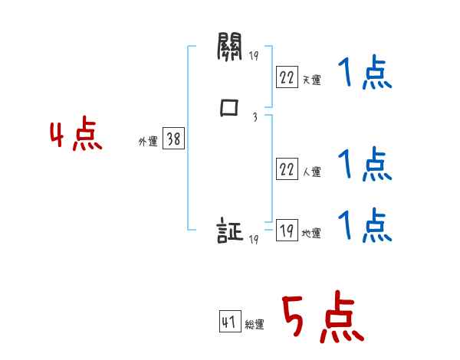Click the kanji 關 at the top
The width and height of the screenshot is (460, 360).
[229, 51]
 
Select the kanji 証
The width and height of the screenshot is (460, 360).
[230, 231]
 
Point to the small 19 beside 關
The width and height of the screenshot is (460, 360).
[254, 56]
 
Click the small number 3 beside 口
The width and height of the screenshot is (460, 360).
[254, 117]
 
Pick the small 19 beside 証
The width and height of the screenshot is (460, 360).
[253, 240]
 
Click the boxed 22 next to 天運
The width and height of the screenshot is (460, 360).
[287, 77]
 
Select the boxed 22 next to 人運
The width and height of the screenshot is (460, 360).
[287, 170]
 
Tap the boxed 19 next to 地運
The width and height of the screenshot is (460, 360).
[287, 231]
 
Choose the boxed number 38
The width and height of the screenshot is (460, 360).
[173, 139]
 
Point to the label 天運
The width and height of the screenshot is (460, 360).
[311, 80]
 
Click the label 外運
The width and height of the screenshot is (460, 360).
[148, 141]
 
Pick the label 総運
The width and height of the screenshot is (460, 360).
[255, 325]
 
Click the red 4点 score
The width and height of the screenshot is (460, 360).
[76, 136]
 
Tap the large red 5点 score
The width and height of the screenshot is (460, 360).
[321, 319]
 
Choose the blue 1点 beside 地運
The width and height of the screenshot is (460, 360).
[365, 226]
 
